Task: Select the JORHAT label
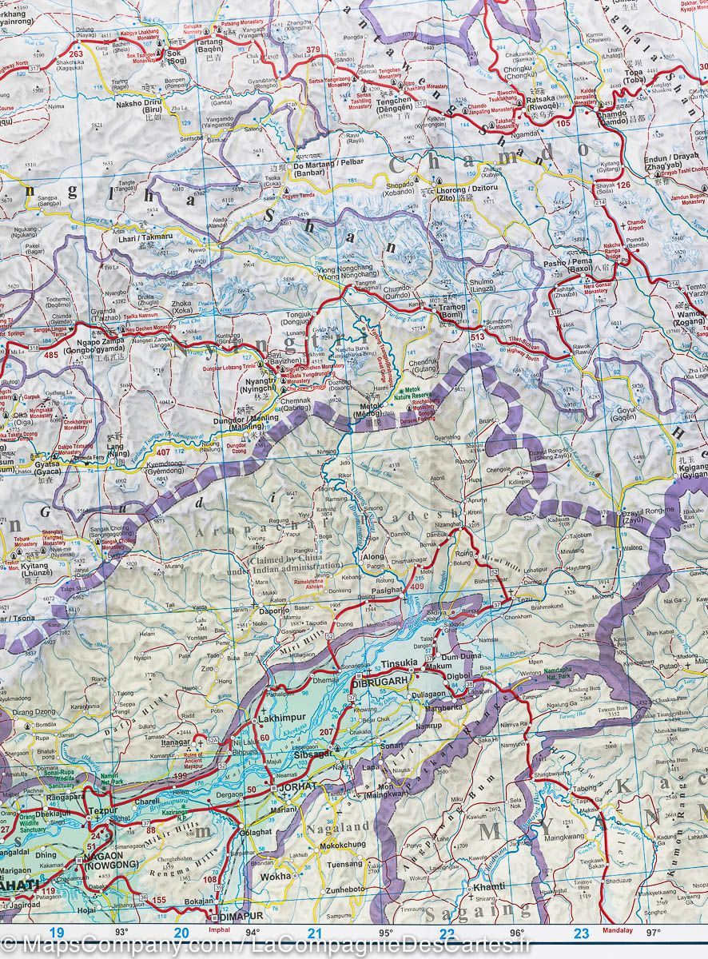(x=297, y=787)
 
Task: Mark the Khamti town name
(x=489, y=887)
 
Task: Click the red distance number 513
(x=478, y=338)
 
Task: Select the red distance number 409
(x=416, y=588)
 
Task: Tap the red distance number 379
(x=313, y=50)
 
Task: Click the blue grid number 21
(x=315, y=933)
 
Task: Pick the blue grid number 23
(x=582, y=933)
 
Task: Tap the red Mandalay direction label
(x=618, y=930)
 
